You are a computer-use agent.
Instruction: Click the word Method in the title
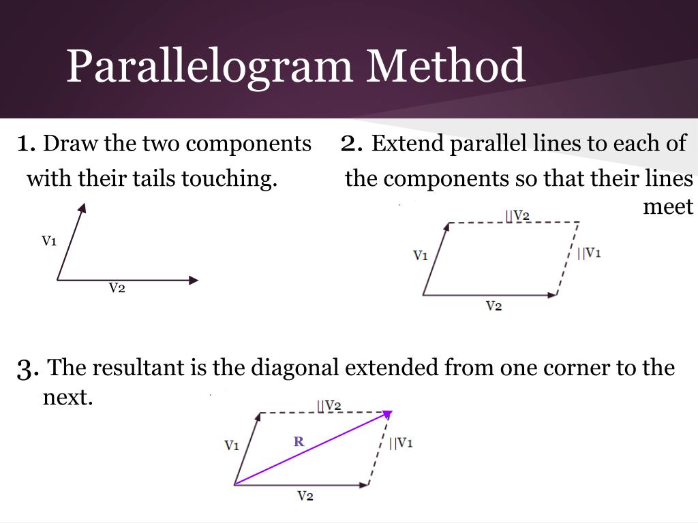click(x=446, y=65)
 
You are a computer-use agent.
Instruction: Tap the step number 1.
click(x=26, y=144)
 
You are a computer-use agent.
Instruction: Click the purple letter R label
click(x=299, y=441)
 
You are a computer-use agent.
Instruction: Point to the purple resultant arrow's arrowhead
click(x=388, y=413)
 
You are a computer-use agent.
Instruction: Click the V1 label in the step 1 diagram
click(x=49, y=240)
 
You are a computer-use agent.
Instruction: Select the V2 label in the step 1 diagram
click(x=117, y=288)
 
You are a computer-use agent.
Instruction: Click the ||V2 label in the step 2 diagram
click(x=517, y=215)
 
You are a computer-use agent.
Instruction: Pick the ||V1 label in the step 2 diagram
click(x=589, y=253)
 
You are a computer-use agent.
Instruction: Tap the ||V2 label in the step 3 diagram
click(x=329, y=405)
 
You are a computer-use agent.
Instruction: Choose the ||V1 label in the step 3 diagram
click(x=401, y=443)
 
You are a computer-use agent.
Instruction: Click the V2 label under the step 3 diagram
click(x=305, y=496)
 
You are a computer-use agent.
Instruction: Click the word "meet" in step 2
click(x=668, y=206)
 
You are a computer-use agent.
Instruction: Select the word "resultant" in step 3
click(x=139, y=368)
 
